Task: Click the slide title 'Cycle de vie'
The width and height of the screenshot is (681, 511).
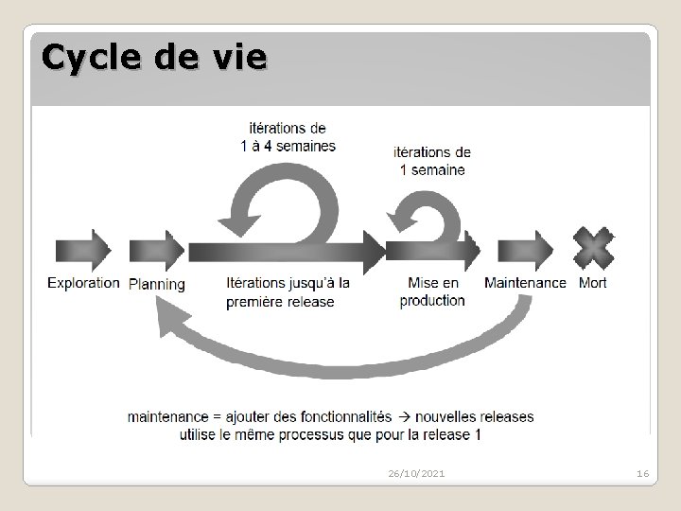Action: (154, 59)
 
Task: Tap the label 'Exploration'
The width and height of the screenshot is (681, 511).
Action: (83, 282)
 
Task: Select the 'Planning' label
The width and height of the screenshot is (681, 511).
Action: (157, 284)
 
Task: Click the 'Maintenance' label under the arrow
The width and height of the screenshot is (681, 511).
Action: (525, 282)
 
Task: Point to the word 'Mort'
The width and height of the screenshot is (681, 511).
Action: (592, 282)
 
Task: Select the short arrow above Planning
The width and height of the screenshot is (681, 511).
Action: (157, 251)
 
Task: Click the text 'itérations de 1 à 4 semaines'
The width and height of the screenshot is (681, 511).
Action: (288, 136)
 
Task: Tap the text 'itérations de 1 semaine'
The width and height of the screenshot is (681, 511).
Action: (431, 161)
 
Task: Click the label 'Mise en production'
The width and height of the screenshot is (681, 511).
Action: (432, 291)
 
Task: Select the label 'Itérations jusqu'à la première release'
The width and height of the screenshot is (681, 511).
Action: (288, 291)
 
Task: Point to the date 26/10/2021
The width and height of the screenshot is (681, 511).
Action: (417, 472)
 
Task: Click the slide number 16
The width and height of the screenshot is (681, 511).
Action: (641, 472)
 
